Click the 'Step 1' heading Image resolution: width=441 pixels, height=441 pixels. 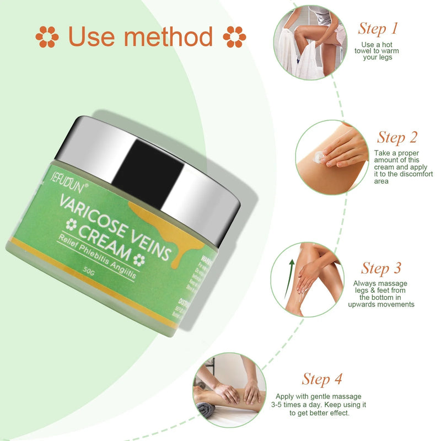click(x=378, y=28)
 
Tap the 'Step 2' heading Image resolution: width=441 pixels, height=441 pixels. click(x=397, y=137)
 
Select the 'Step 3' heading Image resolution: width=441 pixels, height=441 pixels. click(x=381, y=268)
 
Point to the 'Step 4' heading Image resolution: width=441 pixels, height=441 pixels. click(x=322, y=379)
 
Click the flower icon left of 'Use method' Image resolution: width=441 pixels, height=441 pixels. click(x=47, y=37)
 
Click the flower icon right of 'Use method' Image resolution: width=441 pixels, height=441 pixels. click(x=234, y=37)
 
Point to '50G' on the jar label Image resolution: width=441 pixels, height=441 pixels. click(x=89, y=271)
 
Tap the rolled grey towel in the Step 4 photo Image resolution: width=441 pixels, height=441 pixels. click(x=205, y=408)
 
